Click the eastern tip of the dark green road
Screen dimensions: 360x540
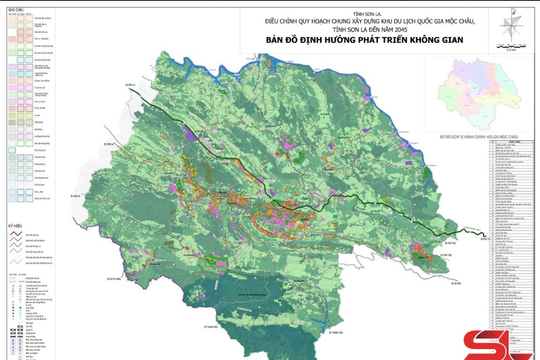[488, 236]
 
